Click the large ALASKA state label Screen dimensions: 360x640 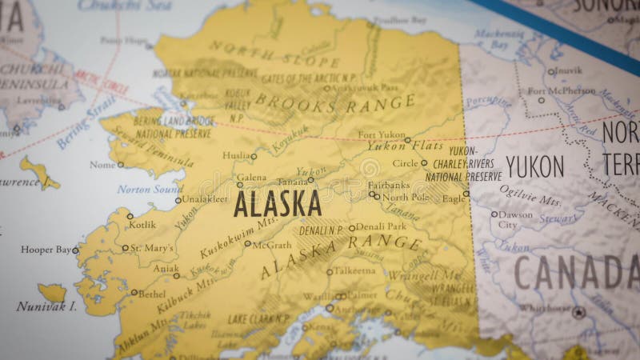[277, 204]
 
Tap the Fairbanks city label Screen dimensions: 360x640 [389, 184]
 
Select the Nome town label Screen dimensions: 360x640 [102, 165]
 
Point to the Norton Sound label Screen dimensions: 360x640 [150, 190]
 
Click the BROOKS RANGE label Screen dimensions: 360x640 [335, 102]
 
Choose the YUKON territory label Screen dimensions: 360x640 [535, 166]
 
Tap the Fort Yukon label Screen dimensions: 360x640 [381, 134]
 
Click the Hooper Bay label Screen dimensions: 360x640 [46, 250]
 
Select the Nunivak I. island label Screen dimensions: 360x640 [46, 306]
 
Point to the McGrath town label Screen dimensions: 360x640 [271, 245]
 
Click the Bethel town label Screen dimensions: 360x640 [152, 294]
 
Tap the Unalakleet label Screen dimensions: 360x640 [205, 199]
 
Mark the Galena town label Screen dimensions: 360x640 [252, 177]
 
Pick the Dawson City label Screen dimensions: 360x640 [515, 219]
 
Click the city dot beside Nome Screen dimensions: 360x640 [121, 165]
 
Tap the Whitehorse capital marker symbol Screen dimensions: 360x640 [578, 311]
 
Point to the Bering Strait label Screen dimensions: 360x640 [85, 122]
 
